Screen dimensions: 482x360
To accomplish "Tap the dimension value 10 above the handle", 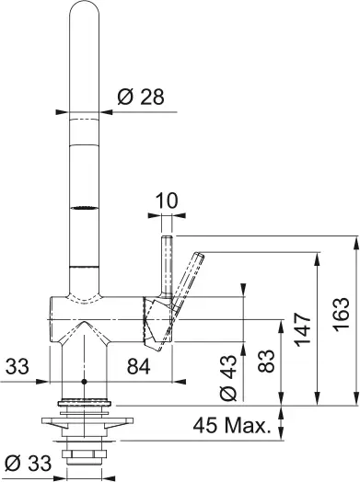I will tap(167, 200).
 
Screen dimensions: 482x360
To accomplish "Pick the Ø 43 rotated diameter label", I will tap(229, 379).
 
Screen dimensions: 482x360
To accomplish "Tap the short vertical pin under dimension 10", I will tap(167, 262).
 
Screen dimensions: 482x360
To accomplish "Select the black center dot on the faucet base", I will tap(85, 380).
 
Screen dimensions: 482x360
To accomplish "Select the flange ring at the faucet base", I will tap(85, 402).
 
